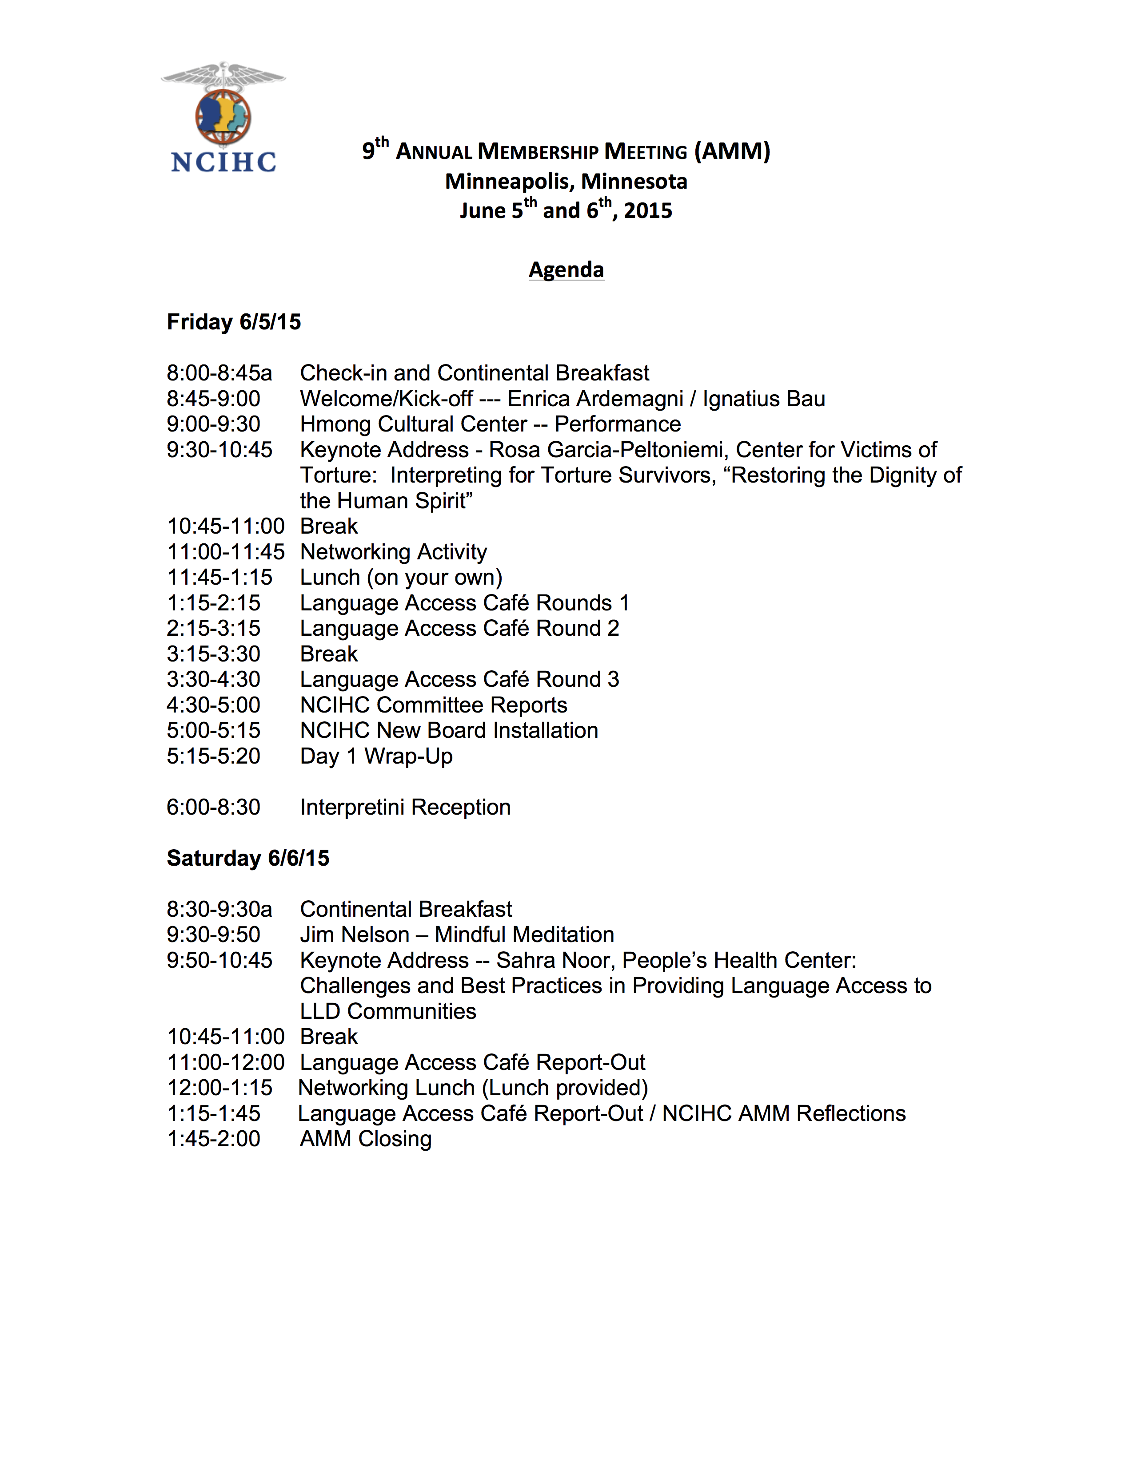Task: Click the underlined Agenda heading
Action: point(566,269)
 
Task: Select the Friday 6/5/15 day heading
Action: point(234,322)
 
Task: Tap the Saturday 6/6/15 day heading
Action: point(247,858)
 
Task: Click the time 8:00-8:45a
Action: point(219,373)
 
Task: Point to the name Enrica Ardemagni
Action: point(594,399)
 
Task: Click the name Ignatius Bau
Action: point(764,399)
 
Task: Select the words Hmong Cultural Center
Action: point(413,424)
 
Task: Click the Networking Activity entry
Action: point(393,552)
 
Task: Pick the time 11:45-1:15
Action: point(219,578)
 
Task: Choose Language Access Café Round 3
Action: point(459,680)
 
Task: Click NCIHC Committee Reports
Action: point(434,705)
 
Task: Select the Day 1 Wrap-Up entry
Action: point(376,756)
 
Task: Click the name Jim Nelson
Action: point(355,934)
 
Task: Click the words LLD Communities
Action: point(388,1012)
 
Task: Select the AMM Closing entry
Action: point(366,1139)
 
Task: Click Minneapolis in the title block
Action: point(509,182)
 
